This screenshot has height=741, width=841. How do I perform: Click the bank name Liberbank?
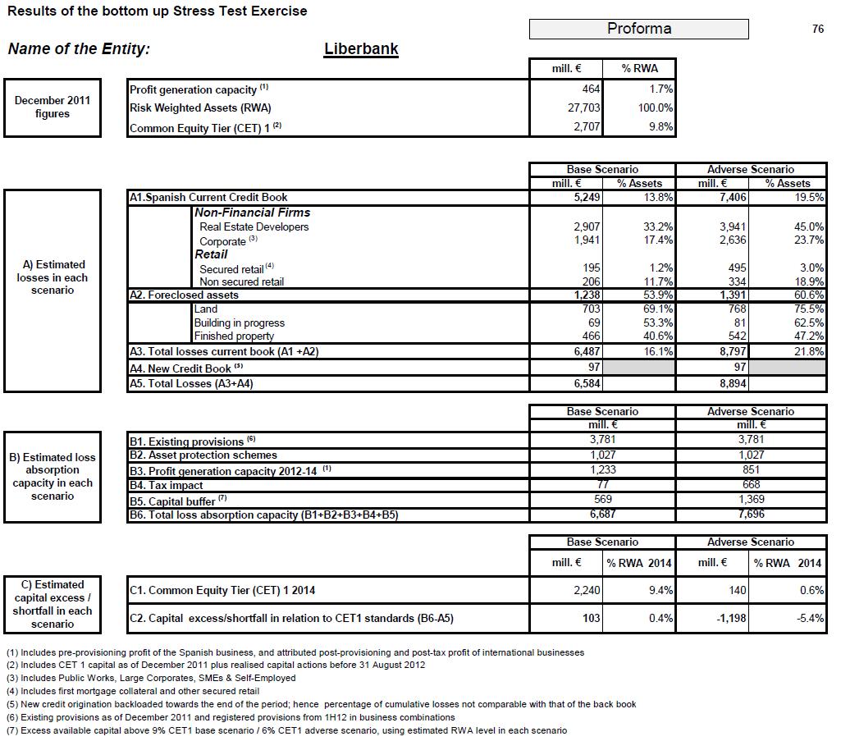pos(361,48)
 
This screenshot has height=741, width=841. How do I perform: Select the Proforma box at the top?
pos(638,29)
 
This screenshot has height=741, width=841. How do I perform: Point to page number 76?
pos(817,29)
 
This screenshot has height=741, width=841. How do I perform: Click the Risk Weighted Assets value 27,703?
pos(585,107)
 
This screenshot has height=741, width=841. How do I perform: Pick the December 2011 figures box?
pos(53,107)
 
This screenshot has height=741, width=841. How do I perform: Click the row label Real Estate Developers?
pos(254,226)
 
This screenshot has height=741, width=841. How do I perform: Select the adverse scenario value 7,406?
pos(730,197)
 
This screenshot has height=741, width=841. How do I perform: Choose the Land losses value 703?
pos(589,309)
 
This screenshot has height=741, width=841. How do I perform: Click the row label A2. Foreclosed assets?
pos(184,295)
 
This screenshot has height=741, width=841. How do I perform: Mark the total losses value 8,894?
pos(731,383)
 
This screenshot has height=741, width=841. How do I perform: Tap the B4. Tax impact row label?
pos(165,485)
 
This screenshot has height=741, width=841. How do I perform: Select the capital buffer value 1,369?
pos(750,499)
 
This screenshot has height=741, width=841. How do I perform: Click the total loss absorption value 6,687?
pos(602,514)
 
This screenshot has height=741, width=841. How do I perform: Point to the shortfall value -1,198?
pos(728,618)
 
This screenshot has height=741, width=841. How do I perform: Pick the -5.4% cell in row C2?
pos(810,618)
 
